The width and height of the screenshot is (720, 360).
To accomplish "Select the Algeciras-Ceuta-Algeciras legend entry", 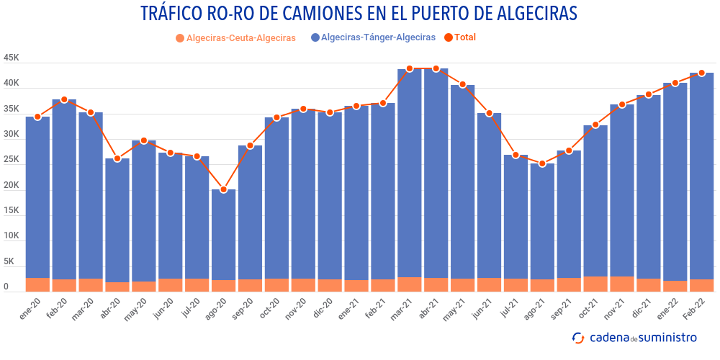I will click(240, 38).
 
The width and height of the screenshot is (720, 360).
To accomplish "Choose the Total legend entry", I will click(465, 37).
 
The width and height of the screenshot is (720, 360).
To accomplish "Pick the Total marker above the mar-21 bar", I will click(410, 68).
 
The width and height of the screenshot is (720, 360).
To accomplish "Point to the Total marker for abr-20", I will click(117, 158).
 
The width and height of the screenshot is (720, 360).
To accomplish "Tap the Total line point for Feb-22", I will click(702, 73).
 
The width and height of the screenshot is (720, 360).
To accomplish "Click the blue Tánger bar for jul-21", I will click(516, 216).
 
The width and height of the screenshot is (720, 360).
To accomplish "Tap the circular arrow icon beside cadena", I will click(577, 338).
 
